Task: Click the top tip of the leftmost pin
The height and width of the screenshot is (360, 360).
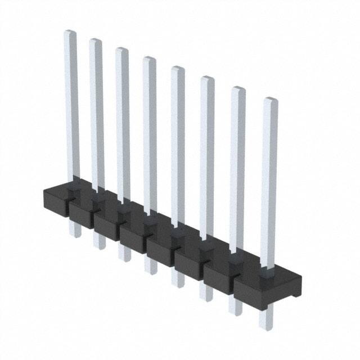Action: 70,33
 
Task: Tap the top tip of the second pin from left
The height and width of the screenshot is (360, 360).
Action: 95,42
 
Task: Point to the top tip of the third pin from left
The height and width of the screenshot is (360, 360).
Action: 121,51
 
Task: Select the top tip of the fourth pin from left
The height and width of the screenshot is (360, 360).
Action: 148,60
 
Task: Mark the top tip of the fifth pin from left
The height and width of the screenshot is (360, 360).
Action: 177,69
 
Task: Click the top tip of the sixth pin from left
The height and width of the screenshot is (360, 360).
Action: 207,79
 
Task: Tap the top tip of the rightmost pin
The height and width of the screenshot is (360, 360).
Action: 271,101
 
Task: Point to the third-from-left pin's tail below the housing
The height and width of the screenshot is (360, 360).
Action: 124,253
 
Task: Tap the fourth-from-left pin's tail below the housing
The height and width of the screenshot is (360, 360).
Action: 151,264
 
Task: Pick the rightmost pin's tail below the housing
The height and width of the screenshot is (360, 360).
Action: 265,319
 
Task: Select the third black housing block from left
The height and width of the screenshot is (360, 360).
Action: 107,224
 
